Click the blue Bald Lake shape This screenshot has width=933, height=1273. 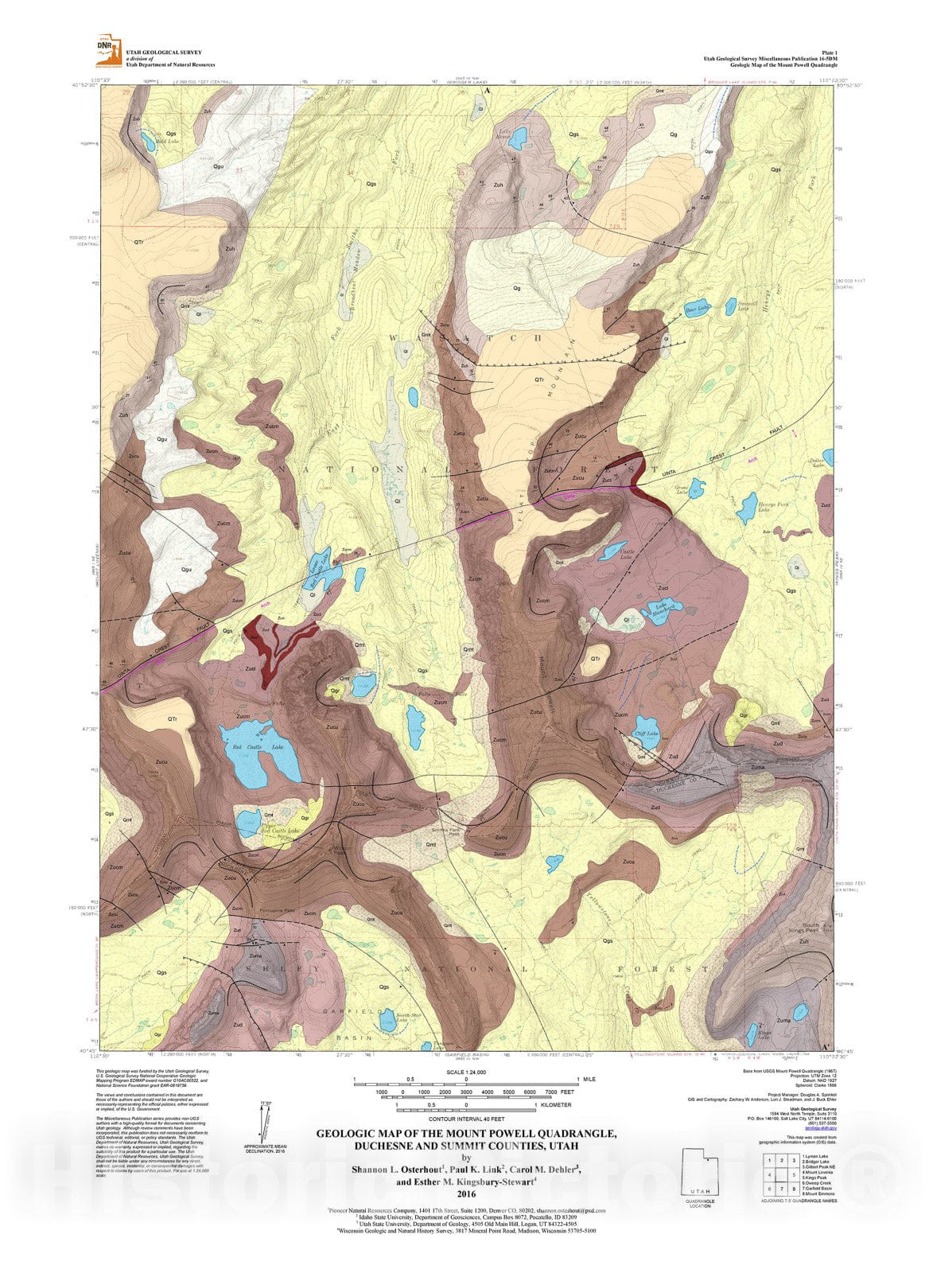coord(149,141)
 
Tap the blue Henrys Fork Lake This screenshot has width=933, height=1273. coord(747,507)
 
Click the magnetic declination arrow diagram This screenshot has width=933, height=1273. coord(265,1120)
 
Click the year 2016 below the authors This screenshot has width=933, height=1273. coord(466,1193)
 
